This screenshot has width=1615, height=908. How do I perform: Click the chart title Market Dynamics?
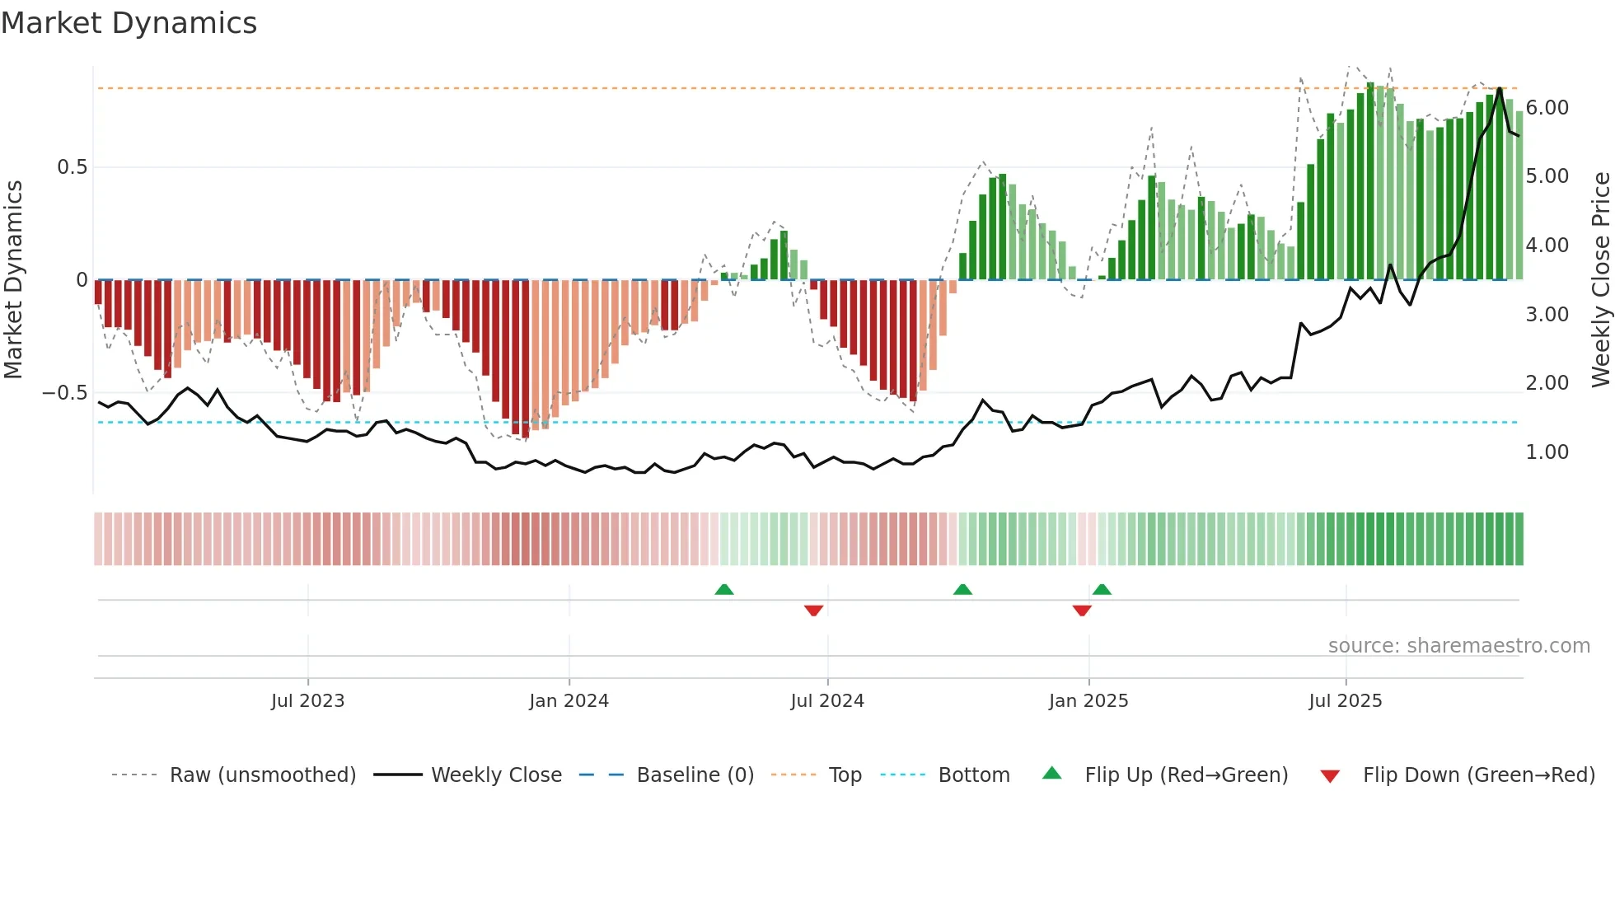point(129,23)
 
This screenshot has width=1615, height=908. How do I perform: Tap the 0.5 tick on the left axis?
point(72,167)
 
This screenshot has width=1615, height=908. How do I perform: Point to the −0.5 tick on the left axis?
point(65,393)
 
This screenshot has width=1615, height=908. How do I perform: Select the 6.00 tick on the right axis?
point(1547,108)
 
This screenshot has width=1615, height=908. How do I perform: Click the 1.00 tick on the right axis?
point(1547,452)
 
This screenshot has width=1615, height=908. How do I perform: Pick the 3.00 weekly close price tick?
point(1547,315)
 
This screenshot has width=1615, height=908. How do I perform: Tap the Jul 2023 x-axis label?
point(307,701)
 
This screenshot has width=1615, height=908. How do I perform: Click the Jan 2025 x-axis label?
point(1088,701)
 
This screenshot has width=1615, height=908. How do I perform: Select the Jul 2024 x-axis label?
point(826,701)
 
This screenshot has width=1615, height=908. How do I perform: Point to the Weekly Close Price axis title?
point(1600,279)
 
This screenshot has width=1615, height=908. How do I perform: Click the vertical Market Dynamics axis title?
point(13,279)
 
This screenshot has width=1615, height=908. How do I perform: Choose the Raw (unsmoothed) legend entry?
point(262,775)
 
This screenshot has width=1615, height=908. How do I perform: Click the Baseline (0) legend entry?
point(695,775)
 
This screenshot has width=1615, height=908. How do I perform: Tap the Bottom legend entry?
point(973,775)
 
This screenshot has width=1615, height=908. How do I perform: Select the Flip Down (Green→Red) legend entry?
point(1478,775)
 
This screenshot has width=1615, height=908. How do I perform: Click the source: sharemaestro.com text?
point(1458,646)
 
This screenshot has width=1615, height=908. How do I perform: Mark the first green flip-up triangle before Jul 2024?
point(723,590)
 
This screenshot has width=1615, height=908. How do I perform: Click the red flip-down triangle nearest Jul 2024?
point(813,611)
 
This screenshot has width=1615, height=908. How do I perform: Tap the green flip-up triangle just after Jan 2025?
point(1102,590)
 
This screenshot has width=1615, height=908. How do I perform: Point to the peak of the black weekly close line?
point(1499,88)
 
